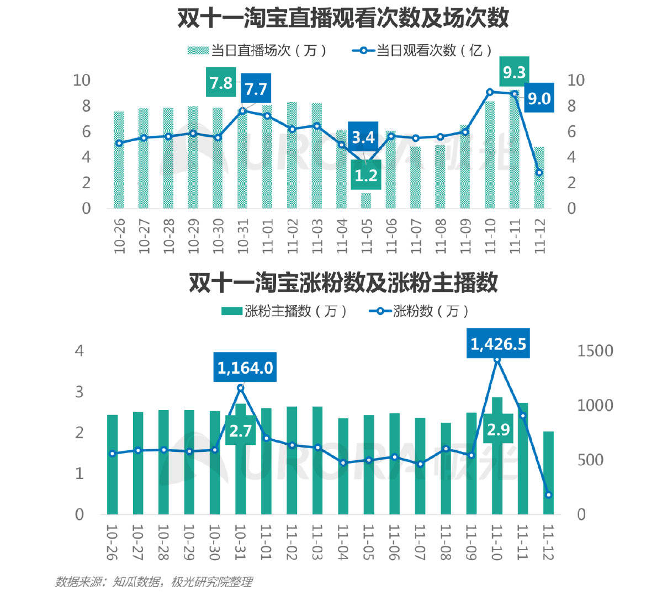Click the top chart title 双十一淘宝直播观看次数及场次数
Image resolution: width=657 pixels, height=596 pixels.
342,19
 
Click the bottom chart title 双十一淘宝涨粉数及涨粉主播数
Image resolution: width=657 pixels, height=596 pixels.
342,283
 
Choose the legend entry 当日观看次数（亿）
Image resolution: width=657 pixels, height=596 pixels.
422,51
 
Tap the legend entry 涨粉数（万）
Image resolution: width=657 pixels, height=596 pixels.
420,311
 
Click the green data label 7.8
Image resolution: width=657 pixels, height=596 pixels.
221,83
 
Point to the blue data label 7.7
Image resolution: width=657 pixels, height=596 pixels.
256,89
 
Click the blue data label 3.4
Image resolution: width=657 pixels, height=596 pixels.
363,137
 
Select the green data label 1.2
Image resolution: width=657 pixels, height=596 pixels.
365,175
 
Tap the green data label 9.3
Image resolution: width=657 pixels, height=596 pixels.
514,72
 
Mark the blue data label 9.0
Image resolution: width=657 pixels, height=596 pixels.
539,98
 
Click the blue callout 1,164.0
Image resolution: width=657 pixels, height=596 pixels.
245,368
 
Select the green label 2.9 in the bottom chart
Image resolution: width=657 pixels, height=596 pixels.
498,429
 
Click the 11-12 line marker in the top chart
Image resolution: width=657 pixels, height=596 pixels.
539,173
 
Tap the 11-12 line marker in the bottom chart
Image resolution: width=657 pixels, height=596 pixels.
548,495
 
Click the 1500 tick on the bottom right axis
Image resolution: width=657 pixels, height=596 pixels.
595,351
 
